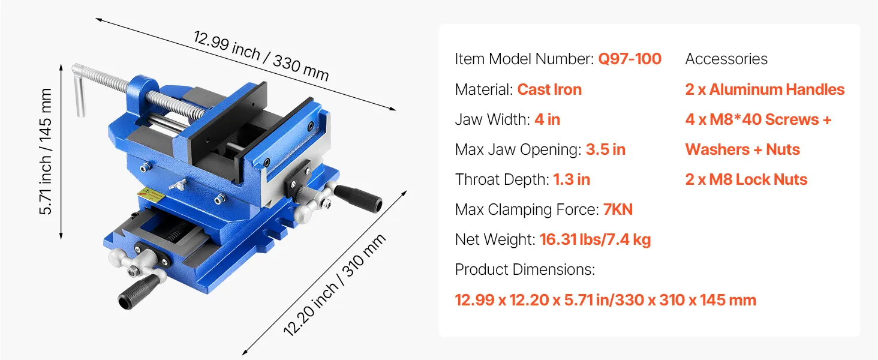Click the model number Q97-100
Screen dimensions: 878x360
pos(630,59)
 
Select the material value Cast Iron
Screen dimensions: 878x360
pos(549,89)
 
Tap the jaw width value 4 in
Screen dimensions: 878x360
pos(547,119)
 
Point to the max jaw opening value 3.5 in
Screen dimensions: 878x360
pos(606,149)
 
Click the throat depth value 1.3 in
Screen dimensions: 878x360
pos(572,179)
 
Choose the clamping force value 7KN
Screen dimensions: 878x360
pos(618,209)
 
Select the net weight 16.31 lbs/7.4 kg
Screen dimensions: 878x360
pos(595,239)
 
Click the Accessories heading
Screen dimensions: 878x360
pos(726,59)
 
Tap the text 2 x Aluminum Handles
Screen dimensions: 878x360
pos(765,89)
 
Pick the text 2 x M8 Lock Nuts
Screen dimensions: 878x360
pos(746,179)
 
